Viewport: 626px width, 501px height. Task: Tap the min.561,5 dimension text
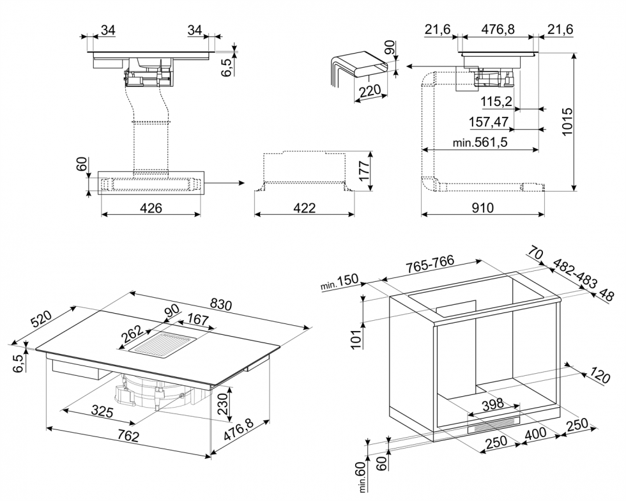tap(480, 143)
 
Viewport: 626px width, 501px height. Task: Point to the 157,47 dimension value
tap(487, 121)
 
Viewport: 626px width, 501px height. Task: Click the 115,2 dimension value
tap(496, 101)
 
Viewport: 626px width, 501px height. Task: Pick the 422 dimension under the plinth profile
tap(305, 208)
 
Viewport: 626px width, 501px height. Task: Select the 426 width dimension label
tap(151, 208)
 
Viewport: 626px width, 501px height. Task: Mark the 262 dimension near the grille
tap(132, 333)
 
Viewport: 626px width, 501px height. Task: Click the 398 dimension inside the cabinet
tap(492, 404)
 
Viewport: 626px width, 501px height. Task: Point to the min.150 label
tap(342, 284)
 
